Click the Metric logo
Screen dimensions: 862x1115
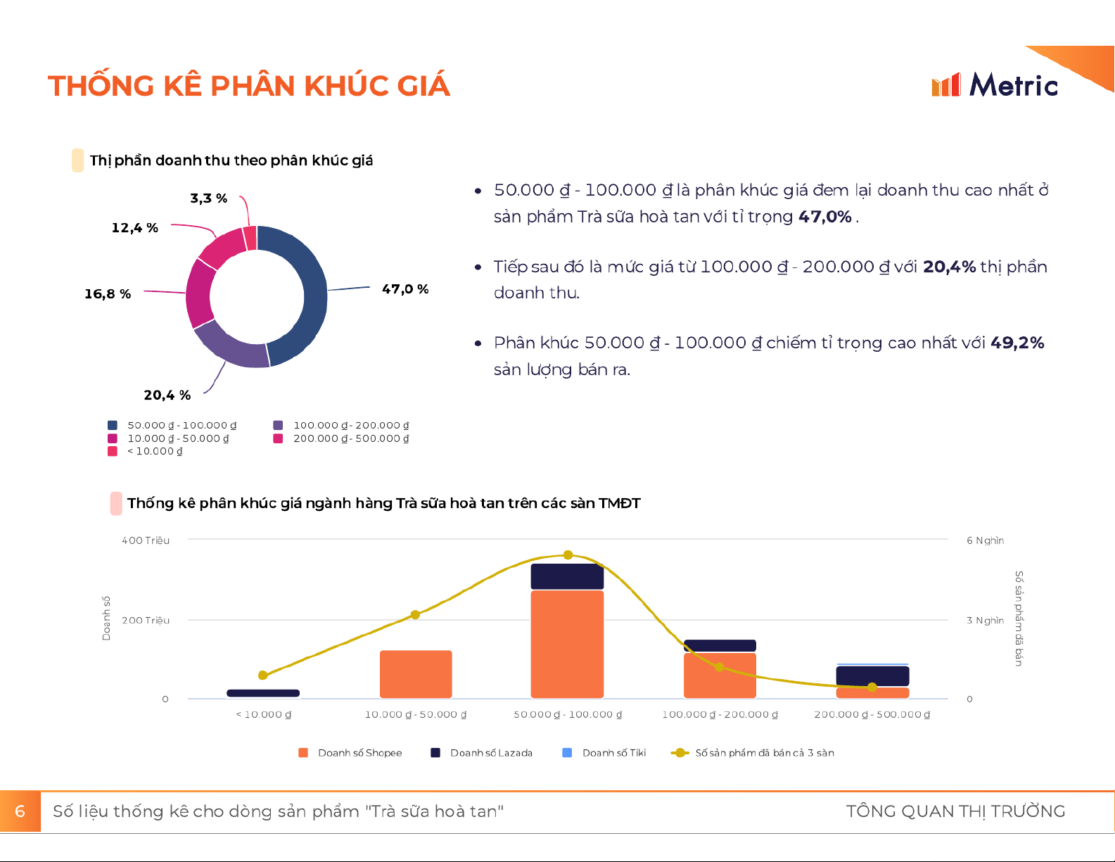coord(995,85)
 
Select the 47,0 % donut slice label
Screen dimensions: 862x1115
coord(405,289)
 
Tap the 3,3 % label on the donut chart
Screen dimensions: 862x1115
coord(208,198)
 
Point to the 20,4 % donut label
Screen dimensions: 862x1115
coord(167,395)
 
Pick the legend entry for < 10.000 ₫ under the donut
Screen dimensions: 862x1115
coord(154,451)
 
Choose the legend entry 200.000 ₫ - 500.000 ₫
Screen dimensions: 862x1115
coord(350,438)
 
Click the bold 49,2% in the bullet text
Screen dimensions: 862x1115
coord(1017,343)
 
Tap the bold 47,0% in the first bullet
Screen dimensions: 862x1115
coord(825,217)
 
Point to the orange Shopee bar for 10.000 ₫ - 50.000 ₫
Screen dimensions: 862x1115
coord(416,674)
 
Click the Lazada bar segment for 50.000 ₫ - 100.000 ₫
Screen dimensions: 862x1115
coord(567,576)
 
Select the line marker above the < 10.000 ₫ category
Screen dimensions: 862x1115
coord(263,676)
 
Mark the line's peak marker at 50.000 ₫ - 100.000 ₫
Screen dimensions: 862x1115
coord(568,555)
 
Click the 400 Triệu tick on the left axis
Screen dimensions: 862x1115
coord(146,540)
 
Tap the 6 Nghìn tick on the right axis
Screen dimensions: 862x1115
coord(985,540)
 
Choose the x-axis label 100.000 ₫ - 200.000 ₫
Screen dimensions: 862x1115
coord(720,715)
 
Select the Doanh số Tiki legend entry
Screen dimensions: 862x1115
coord(613,753)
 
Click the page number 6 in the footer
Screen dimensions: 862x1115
coord(20,811)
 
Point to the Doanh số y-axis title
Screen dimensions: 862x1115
coord(106,619)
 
